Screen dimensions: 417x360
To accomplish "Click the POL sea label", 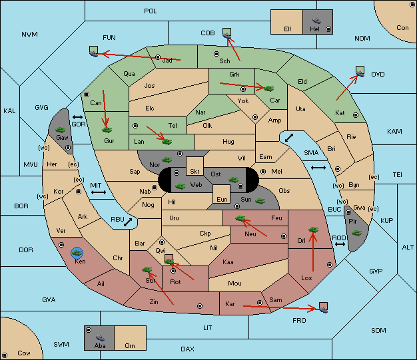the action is tap(151, 11).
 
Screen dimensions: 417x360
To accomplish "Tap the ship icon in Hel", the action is tap(316, 21).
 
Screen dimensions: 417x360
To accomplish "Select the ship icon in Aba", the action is tap(100, 338).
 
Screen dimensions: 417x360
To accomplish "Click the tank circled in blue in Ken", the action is tap(77, 253).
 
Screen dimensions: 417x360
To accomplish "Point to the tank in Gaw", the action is tap(61, 130).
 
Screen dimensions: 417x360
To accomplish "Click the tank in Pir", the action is tap(356, 233).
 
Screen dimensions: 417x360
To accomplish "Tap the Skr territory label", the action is tap(195, 172).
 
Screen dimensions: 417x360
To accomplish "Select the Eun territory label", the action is tap(222, 199).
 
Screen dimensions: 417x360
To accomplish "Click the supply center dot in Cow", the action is tap(5, 355).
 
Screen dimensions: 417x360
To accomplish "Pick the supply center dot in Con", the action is tap(412, 5).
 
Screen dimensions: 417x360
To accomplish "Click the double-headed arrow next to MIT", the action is tap(99, 192).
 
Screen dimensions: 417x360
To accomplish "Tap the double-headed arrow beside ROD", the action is tap(340, 244).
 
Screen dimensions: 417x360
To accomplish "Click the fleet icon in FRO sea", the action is tap(323, 307).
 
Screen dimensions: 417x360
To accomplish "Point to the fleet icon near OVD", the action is tap(360, 71).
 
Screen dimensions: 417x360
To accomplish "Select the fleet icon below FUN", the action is tap(94, 51).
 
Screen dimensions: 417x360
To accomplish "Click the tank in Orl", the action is tap(313, 230).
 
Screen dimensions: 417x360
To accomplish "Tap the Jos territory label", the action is tap(149, 86).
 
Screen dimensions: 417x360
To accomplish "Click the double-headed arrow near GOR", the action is tap(78, 117).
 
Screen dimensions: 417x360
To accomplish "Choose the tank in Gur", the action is tap(107, 130).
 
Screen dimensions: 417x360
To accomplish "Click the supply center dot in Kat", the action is tap(356, 115).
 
